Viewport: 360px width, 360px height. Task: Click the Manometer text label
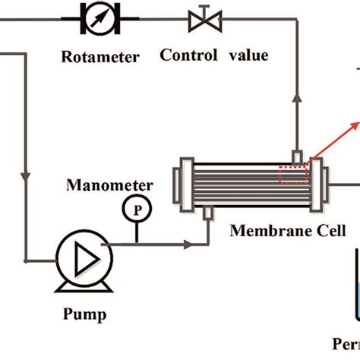click(x=110, y=185)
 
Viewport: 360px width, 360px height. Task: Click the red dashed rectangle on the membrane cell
click(x=292, y=175)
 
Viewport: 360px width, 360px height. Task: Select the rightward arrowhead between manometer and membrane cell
click(x=185, y=244)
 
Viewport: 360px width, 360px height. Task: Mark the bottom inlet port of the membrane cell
click(x=207, y=216)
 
